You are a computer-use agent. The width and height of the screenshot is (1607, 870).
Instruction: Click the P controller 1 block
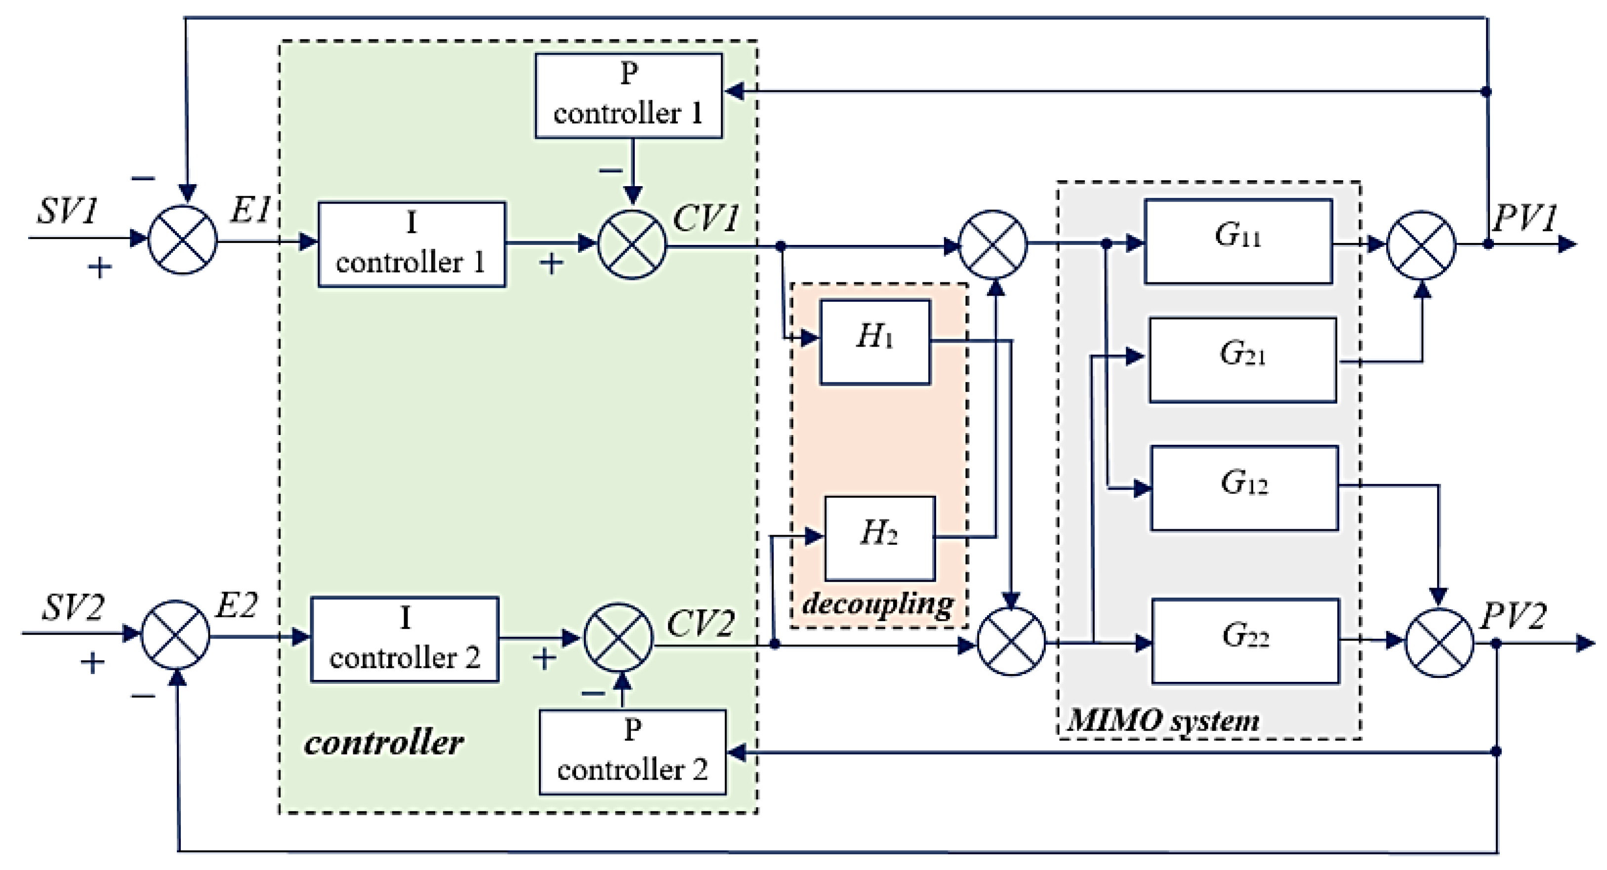(629, 95)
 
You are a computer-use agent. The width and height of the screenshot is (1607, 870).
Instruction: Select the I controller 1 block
(412, 244)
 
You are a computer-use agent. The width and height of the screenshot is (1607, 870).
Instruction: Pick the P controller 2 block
(632, 751)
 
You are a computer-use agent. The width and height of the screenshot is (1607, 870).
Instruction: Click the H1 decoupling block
(874, 342)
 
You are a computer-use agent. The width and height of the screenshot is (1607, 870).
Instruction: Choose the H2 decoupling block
(880, 538)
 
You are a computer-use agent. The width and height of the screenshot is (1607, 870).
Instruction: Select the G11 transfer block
(1238, 241)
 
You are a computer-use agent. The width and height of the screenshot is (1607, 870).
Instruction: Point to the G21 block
(1243, 360)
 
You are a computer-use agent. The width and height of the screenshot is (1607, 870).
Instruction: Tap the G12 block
(1244, 488)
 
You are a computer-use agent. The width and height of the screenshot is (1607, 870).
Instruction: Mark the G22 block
(1245, 640)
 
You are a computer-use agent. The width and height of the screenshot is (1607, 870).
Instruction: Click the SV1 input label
(67, 211)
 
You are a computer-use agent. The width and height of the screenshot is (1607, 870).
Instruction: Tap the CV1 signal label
(705, 218)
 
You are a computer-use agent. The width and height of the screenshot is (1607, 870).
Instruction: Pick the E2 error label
(236, 605)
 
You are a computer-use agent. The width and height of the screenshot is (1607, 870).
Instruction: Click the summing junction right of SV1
(182, 239)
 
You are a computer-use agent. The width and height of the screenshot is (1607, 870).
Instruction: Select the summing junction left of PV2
(1439, 642)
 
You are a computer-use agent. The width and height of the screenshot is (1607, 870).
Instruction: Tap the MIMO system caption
(1163, 720)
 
